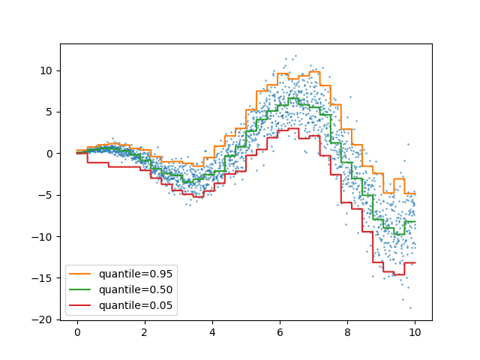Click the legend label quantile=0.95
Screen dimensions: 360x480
(x=136, y=274)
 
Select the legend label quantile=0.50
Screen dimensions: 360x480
(x=136, y=289)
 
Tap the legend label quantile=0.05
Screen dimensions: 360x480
(x=136, y=305)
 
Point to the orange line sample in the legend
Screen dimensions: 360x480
(x=82, y=274)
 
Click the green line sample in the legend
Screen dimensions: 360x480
(x=82, y=289)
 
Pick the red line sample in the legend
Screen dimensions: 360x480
(x=82, y=305)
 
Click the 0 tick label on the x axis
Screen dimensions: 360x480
(x=77, y=332)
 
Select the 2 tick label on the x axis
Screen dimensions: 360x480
(x=145, y=332)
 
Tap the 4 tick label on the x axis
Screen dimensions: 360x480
(x=212, y=332)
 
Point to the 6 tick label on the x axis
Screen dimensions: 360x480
(x=280, y=332)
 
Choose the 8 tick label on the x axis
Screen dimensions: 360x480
(x=347, y=332)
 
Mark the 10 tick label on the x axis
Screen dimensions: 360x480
(x=415, y=332)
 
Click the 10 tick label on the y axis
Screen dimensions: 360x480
(x=46, y=70)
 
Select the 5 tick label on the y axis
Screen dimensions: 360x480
(x=49, y=112)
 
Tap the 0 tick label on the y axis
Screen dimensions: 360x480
(x=49, y=154)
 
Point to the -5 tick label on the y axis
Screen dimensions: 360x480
(x=46, y=195)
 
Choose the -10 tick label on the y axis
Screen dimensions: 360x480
(x=43, y=236)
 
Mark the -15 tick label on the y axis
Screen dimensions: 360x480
(x=43, y=278)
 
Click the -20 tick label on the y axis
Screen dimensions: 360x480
(x=43, y=319)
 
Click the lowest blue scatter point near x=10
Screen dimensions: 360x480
(x=410, y=307)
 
